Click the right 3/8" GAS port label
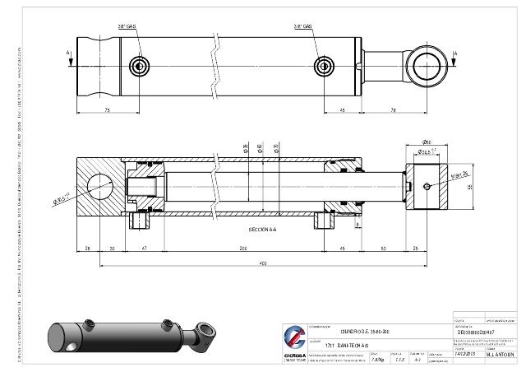303,26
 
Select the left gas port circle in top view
141,65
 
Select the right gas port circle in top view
326,65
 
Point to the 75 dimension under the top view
108,109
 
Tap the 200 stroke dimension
243,247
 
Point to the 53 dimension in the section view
384,247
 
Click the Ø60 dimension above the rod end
427,142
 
